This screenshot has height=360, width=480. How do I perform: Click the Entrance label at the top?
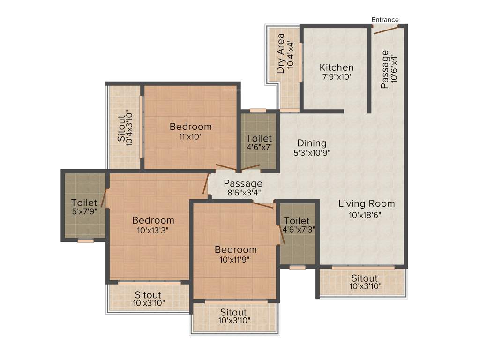(385, 20)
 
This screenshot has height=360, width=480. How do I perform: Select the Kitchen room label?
(337, 67)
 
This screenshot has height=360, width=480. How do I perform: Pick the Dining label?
(312, 143)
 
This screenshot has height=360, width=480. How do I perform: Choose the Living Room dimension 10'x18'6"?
(367, 215)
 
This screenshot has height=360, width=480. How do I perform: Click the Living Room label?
(367, 204)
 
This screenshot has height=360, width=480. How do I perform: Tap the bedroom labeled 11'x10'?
(190, 127)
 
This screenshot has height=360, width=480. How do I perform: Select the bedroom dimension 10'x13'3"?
(153, 230)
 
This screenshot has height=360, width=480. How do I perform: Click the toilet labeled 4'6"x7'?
(259, 138)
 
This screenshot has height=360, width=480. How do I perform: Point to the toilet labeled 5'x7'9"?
(84, 203)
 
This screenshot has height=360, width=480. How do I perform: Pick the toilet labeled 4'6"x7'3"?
(297, 221)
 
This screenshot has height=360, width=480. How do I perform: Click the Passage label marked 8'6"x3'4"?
(242, 183)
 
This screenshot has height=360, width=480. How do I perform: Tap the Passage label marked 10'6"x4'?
(385, 69)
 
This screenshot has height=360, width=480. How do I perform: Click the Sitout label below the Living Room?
(364, 278)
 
